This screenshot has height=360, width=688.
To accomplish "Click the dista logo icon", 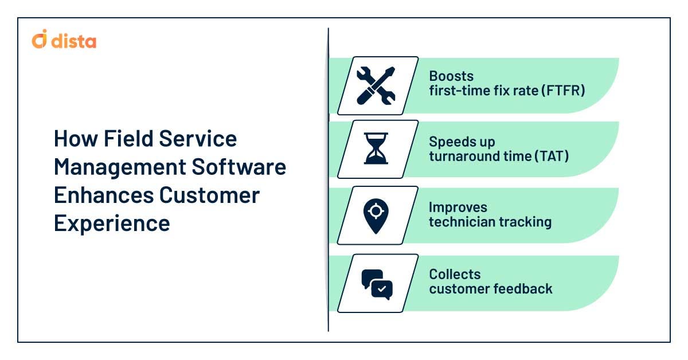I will coord(40,41).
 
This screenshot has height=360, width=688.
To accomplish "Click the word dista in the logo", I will coord(73,41).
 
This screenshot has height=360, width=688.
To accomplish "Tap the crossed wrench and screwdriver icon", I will coord(376,85).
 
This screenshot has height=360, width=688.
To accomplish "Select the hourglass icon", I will coord(376,149).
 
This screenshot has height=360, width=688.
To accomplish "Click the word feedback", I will coord(523,288).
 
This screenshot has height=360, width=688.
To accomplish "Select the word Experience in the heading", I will coord(112,223).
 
